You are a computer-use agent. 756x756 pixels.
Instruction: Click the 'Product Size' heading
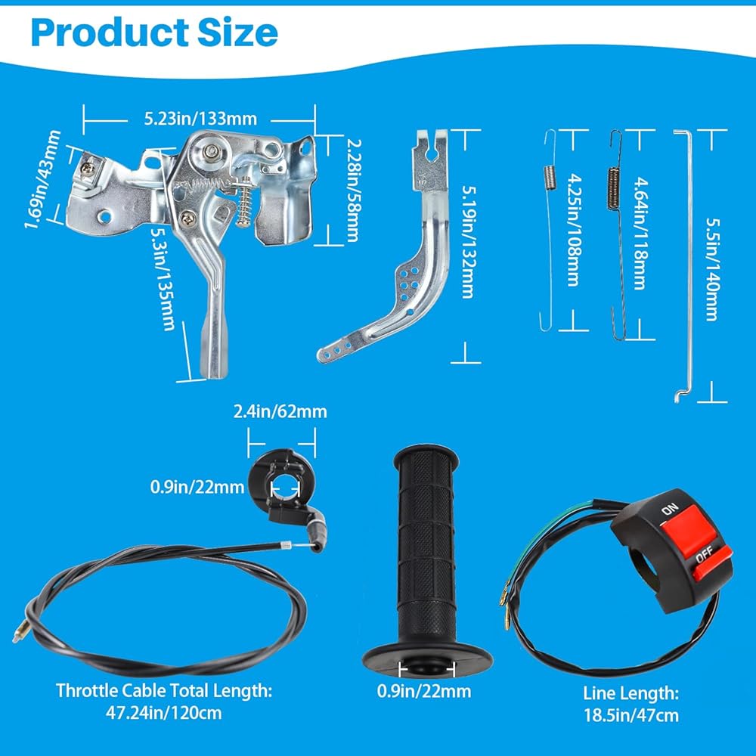tap(154, 33)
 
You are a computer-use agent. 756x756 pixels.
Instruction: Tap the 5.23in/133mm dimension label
tap(200, 119)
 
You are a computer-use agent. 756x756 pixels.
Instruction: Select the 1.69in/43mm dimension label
tap(43, 179)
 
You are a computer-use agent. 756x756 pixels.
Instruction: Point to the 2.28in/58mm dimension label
tap(354, 190)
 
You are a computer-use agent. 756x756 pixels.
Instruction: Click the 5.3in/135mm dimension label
tap(163, 279)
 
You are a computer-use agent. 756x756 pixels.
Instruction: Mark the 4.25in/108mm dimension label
tap(574, 230)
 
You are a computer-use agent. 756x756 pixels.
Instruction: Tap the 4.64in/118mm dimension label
tap(640, 234)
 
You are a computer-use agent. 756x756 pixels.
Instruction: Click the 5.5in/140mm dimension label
tap(713, 270)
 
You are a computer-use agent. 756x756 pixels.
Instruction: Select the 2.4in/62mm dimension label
tap(280, 412)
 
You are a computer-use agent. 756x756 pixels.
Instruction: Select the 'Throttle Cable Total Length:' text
tap(164, 690)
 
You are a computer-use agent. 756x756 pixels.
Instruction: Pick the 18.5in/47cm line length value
tap(631, 715)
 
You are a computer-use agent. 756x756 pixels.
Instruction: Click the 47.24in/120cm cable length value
tap(164, 713)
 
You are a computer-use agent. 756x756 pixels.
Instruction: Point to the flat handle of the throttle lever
tap(213, 337)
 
